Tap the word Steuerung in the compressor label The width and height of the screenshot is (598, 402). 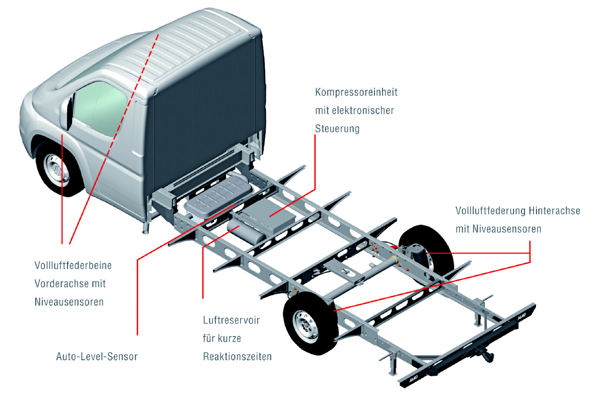(x=337, y=129)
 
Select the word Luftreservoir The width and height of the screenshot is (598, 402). (x=231, y=320)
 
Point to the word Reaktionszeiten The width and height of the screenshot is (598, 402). (x=237, y=357)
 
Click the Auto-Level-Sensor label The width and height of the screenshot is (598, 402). (x=96, y=356)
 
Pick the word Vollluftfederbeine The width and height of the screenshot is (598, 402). (x=73, y=266)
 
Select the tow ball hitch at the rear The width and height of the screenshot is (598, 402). (x=484, y=353)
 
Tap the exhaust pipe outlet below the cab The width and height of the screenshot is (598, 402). (x=146, y=229)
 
